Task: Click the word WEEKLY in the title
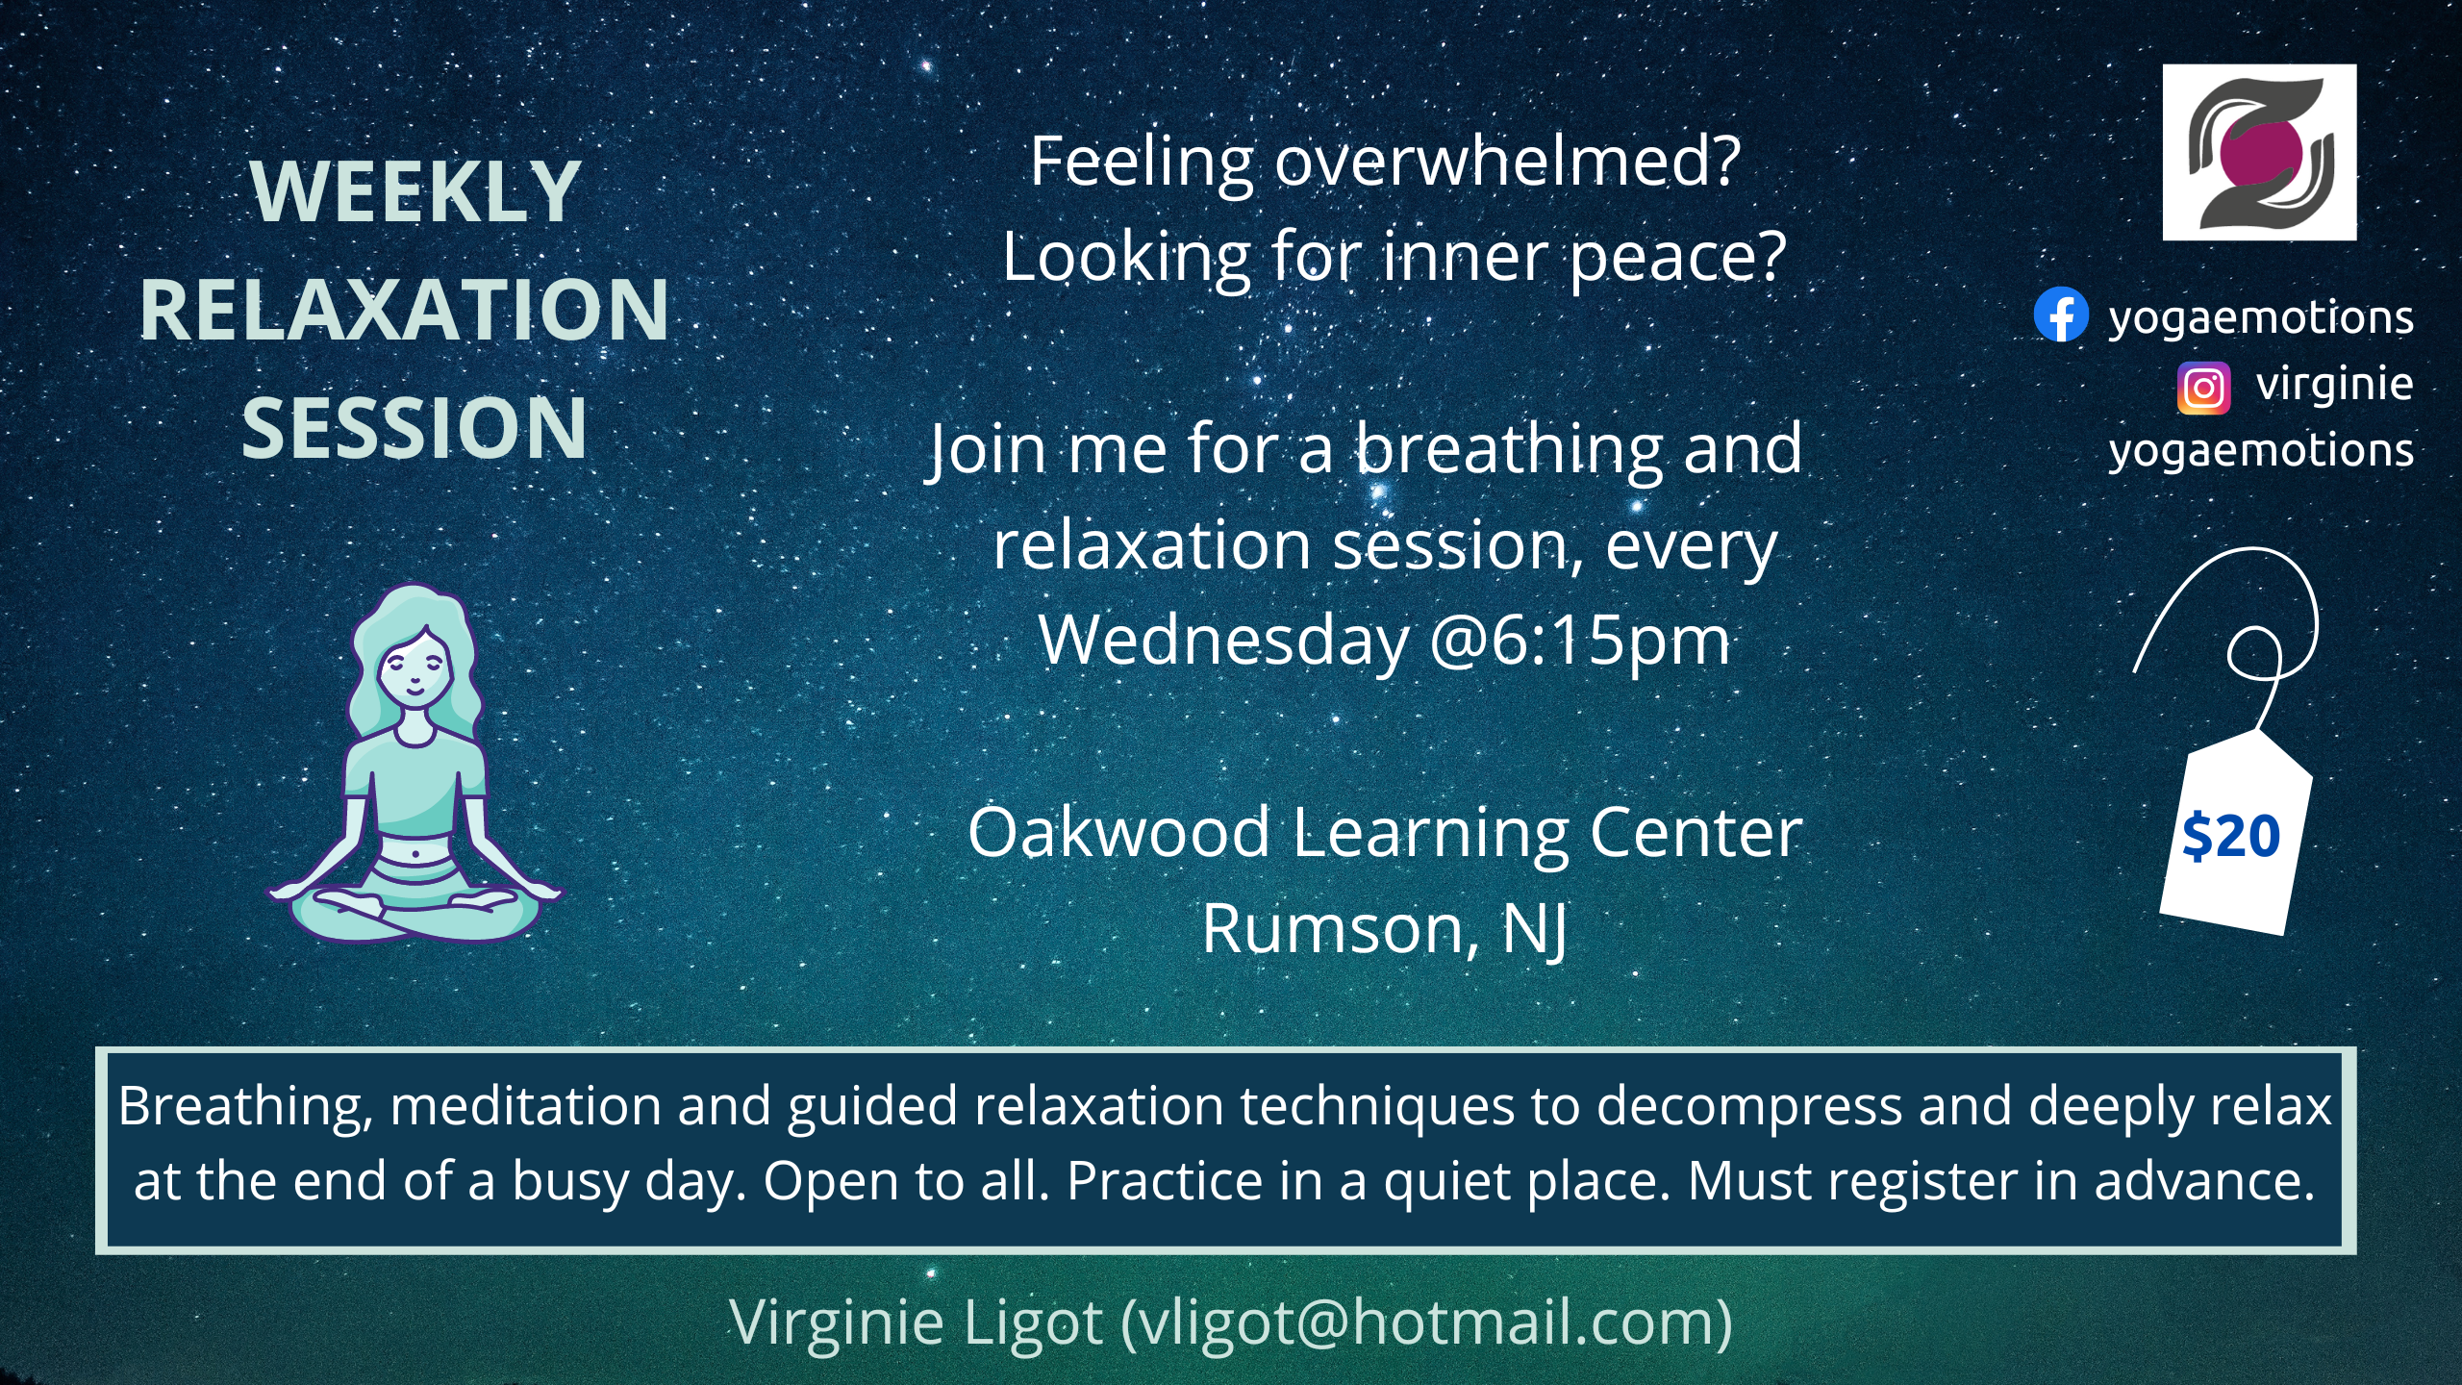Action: pos(415,191)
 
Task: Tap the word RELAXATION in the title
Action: pos(404,310)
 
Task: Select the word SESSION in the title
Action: pos(415,428)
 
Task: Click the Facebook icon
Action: pos(2061,315)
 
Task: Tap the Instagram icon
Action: pos(2204,388)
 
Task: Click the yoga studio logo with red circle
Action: pos(2259,152)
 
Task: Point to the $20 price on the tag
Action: pos(2231,836)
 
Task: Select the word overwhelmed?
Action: pos(1508,162)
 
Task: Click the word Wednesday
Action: pos(1224,641)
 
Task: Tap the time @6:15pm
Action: pos(1580,641)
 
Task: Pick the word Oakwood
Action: pos(1118,832)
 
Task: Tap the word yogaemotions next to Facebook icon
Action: pos(2261,318)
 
